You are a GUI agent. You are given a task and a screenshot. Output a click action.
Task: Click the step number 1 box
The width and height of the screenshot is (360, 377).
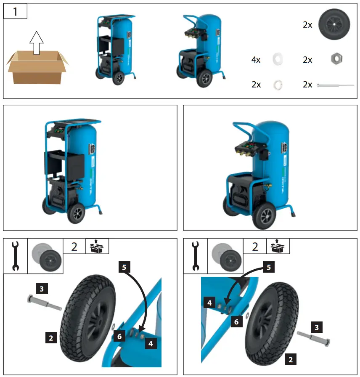coord(16,11)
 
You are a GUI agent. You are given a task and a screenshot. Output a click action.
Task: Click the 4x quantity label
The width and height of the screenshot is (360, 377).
coord(256,60)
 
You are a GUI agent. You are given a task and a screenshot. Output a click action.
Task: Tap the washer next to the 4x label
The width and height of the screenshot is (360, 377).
coord(278,59)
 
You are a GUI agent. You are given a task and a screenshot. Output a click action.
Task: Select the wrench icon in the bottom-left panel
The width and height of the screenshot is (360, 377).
coord(15,256)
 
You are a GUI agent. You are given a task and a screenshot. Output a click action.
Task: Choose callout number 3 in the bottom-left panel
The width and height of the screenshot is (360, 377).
coord(41,289)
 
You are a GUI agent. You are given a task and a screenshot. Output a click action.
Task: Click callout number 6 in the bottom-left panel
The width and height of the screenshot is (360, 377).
coord(120,336)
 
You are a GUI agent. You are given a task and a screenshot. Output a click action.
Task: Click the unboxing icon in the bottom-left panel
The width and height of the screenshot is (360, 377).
coord(97,246)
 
